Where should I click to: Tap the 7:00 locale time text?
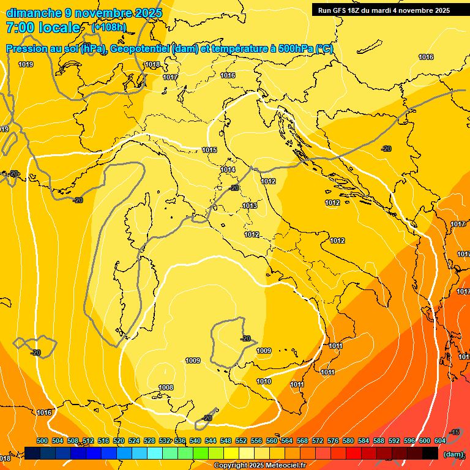click(43, 28)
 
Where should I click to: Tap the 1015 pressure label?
click(209, 150)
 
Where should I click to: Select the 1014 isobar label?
click(228, 170)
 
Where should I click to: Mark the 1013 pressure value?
click(250, 206)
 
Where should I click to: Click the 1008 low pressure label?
click(166, 387)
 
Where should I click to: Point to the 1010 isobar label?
click(264, 381)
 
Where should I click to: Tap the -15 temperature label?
click(454, 433)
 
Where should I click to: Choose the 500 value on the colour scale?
click(42, 441)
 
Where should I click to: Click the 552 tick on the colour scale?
click(241, 441)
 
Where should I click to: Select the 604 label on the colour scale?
click(440, 441)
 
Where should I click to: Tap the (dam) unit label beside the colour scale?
click(453, 454)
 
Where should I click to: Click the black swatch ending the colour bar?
click(430, 453)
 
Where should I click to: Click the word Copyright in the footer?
click(230, 466)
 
